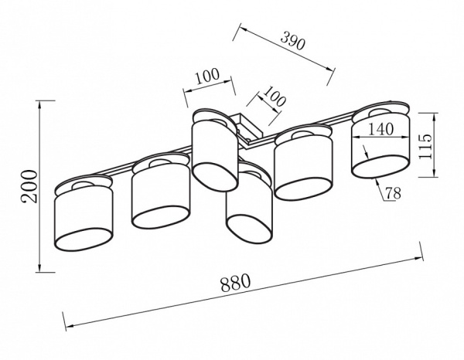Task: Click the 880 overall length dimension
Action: (236, 283)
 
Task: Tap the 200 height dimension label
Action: (30, 186)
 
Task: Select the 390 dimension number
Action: (292, 41)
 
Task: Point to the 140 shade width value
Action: (380, 129)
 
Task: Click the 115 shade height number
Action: (425, 146)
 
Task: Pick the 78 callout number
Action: (394, 193)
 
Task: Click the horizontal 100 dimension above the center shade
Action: (207, 76)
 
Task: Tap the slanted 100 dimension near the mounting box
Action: (275, 96)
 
